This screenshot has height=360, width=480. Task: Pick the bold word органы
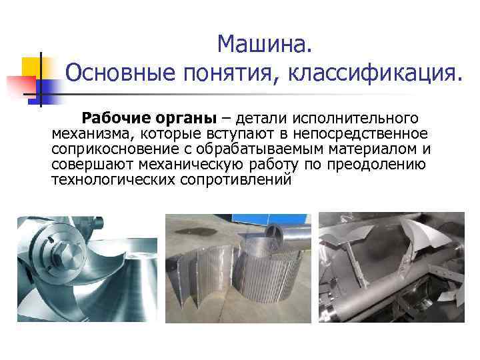(186, 119)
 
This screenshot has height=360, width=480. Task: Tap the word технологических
(113, 180)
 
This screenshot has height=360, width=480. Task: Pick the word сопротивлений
(236, 180)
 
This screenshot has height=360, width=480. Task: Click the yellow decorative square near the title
(31, 67)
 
